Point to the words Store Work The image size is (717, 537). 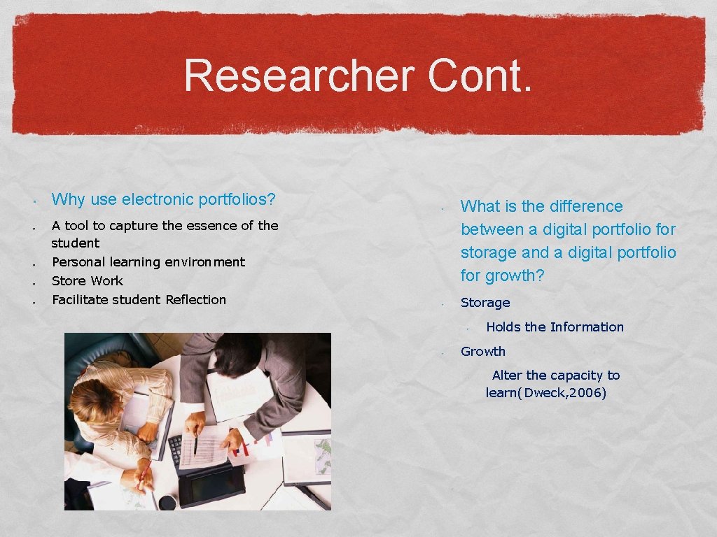click(x=88, y=281)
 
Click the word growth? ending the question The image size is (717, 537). click(x=514, y=275)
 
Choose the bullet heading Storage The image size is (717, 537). click(x=485, y=303)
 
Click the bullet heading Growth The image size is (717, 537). click(x=483, y=352)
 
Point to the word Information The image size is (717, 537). click(x=587, y=327)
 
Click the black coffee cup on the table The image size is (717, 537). click(x=167, y=501)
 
